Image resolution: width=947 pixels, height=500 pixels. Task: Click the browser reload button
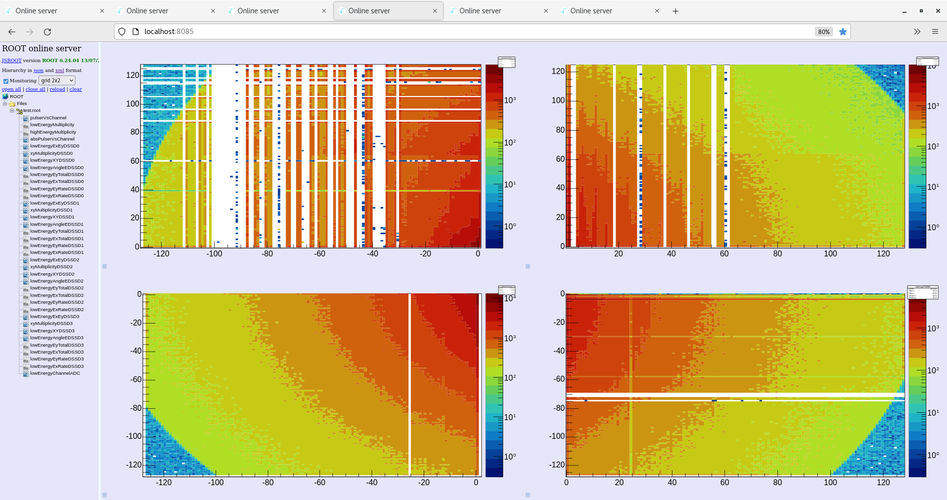(47, 32)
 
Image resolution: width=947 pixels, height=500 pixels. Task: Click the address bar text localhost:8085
(169, 32)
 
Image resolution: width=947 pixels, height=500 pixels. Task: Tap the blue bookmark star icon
(843, 32)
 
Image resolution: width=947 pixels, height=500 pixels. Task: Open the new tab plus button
(675, 11)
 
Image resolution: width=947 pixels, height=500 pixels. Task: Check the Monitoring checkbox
(6, 81)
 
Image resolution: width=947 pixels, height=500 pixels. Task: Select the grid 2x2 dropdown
(57, 80)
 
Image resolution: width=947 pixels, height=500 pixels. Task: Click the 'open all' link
(11, 89)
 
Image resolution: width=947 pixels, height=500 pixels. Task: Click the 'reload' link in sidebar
(57, 89)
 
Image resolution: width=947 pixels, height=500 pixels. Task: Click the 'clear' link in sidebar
(75, 89)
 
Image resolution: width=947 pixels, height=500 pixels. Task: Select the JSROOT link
(11, 61)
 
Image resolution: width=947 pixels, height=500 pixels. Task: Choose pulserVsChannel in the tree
(48, 118)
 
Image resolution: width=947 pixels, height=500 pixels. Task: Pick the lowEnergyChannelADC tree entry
(55, 373)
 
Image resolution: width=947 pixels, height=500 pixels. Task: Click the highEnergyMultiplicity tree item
(53, 132)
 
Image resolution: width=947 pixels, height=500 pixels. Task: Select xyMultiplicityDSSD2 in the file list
(51, 267)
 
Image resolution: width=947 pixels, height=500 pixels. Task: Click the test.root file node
(32, 110)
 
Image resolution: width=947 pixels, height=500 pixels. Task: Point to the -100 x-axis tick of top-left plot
(214, 254)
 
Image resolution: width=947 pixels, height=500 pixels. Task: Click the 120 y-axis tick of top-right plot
(558, 71)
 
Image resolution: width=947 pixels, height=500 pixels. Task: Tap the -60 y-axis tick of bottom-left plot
(136, 380)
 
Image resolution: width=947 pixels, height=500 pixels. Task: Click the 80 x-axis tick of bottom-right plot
(777, 483)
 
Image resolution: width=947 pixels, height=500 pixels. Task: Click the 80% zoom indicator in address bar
(824, 32)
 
